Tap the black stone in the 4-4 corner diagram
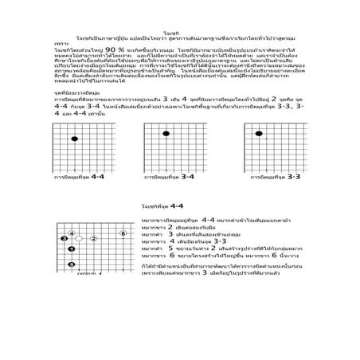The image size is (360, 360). point(75,138)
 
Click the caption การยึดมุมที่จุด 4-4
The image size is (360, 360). point(79,177)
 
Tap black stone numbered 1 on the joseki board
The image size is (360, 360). point(71,248)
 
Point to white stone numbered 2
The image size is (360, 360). point(92,238)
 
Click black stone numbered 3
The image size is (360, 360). point(64,238)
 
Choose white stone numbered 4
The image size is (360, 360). point(72,233)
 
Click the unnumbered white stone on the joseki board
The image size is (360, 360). point(78,238)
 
